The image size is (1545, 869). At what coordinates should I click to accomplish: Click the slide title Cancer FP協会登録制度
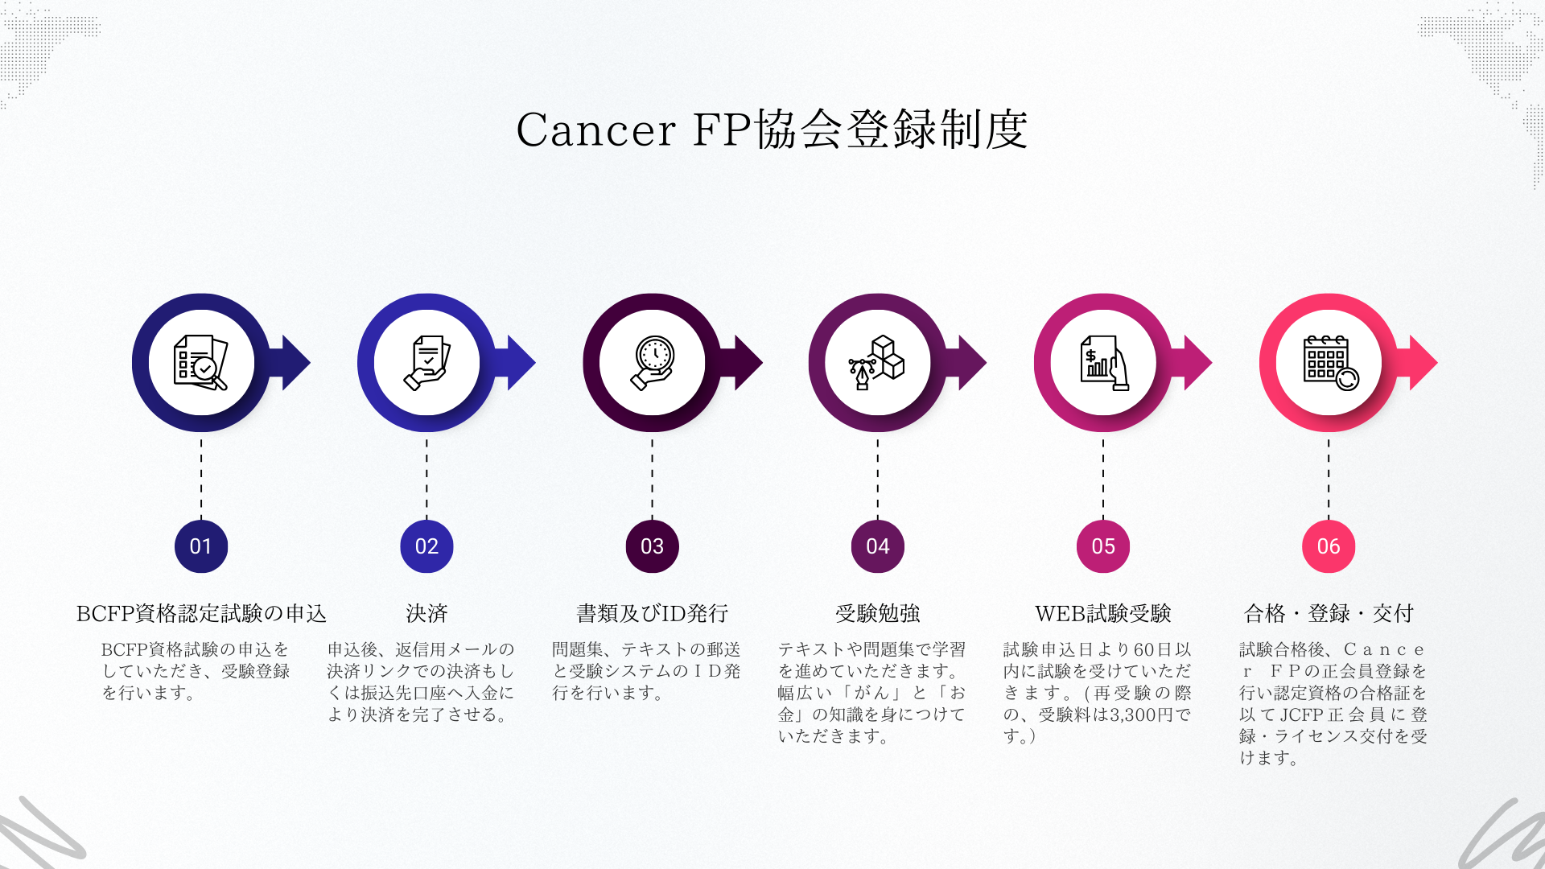[772, 130]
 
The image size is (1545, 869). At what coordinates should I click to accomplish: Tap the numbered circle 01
[201, 546]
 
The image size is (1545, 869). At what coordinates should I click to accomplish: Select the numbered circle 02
[426, 546]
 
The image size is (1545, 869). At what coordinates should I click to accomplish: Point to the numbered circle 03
[652, 546]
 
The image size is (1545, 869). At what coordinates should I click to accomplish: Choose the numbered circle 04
[877, 546]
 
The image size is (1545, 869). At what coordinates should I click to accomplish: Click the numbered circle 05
[1102, 546]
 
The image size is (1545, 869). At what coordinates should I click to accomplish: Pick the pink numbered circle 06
[1328, 546]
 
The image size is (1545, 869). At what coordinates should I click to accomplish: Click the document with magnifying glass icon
[200, 363]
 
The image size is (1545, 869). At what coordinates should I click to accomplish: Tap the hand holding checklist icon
[426, 363]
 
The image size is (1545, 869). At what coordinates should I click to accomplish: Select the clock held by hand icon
[652, 363]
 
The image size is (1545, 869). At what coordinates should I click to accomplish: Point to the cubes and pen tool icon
[877, 363]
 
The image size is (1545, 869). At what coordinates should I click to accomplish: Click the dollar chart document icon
[1103, 363]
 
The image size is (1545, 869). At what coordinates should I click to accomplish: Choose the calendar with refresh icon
[1329, 363]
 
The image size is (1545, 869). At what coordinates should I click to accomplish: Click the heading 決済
[426, 614]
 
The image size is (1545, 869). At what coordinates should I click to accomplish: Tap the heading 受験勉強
[877, 614]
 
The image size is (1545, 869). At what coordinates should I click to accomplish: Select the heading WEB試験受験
[1102, 614]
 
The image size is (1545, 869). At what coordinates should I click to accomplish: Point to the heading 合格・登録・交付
[1329, 614]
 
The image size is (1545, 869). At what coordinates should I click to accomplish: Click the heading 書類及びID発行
[652, 614]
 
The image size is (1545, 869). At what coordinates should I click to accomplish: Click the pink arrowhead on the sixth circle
[1422, 363]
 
